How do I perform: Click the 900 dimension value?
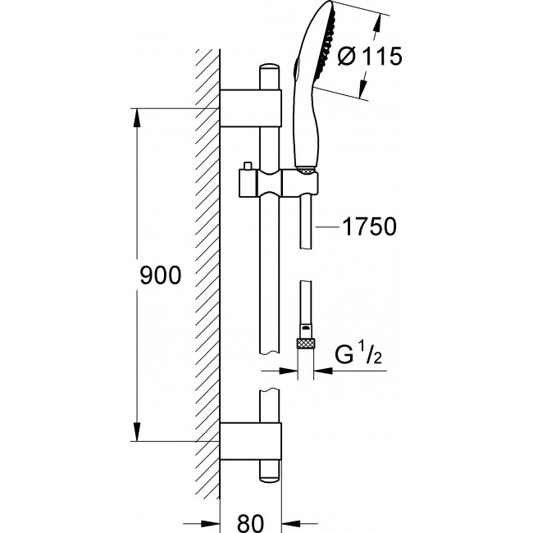pyautogui.click(x=161, y=276)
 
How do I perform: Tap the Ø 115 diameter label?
pyautogui.click(x=370, y=56)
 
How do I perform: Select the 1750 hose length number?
pyautogui.click(x=370, y=226)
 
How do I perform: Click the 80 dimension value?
pyautogui.click(x=251, y=522)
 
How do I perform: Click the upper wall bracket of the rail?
pyautogui.click(x=251, y=108)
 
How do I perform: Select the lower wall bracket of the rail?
pyautogui.click(x=251, y=441)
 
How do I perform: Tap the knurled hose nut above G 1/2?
pyautogui.click(x=306, y=344)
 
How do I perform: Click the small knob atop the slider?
pyautogui.click(x=247, y=166)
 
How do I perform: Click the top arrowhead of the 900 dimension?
pyautogui.click(x=137, y=118)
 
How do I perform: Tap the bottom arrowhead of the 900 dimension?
pyautogui.click(x=137, y=431)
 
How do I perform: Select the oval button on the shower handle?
pyautogui.click(x=298, y=69)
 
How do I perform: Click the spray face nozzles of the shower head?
pyautogui.click(x=326, y=42)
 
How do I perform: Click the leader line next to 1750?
pyautogui.click(x=327, y=226)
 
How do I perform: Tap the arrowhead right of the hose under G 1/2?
pyautogui.click(x=323, y=371)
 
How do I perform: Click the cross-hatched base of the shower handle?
pyautogui.click(x=307, y=170)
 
